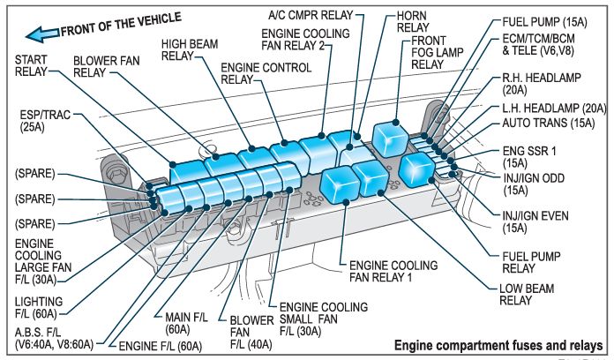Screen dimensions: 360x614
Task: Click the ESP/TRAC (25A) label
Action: (x=45, y=121)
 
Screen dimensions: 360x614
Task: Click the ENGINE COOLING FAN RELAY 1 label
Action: (x=393, y=271)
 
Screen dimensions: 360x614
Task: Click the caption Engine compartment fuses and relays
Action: (x=498, y=344)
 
